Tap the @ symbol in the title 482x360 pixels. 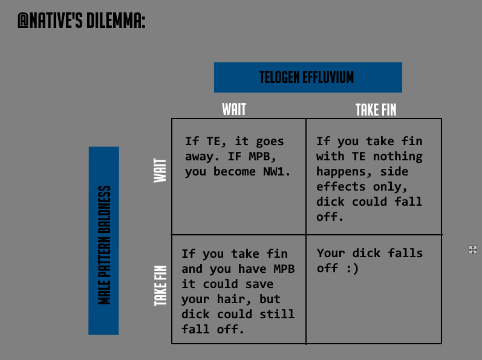coord(23,21)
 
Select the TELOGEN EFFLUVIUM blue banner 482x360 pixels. coord(308,77)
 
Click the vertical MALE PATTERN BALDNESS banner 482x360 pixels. coord(104,241)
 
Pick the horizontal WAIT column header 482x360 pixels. coord(234,109)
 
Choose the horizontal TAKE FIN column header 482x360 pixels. coord(376,110)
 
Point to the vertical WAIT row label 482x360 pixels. coord(160,171)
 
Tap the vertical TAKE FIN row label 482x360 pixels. coord(160,286)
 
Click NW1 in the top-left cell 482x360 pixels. coord(276,172)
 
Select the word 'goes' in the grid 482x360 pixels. coord(270,142)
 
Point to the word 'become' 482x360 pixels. coord(234,172)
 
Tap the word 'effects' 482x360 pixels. coord(341,186)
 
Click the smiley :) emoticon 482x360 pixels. coord(353,269)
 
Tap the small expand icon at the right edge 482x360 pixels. coord(473,250)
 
